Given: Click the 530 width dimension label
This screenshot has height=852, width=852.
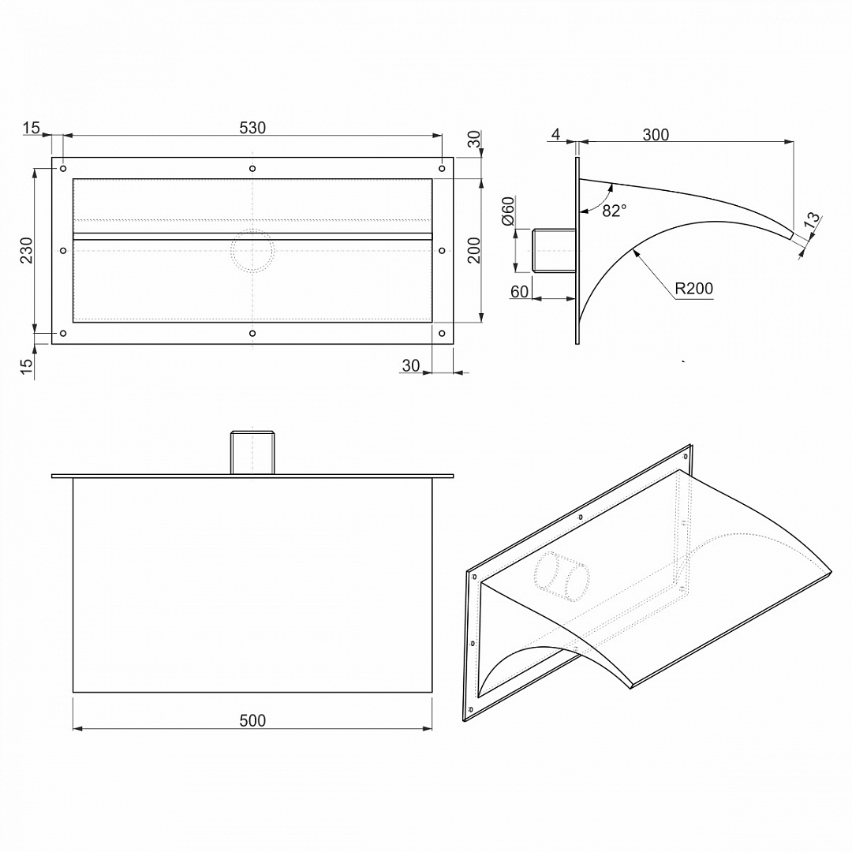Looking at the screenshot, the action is click(252, 128).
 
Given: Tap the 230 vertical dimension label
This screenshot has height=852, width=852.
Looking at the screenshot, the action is click(26, 251).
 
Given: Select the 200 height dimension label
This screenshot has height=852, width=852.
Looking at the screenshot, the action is click(474, 251).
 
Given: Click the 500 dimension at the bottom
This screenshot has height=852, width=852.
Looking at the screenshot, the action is click(252, 720).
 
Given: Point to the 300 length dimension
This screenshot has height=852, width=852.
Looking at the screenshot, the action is click(656, 135).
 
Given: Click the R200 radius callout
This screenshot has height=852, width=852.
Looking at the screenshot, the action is click(694, 289).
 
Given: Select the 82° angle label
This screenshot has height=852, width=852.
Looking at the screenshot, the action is click(615, 211).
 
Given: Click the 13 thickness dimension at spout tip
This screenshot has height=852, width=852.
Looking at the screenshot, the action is click(811, 219).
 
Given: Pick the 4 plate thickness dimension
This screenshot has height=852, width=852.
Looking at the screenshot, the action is click(555, 134).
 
